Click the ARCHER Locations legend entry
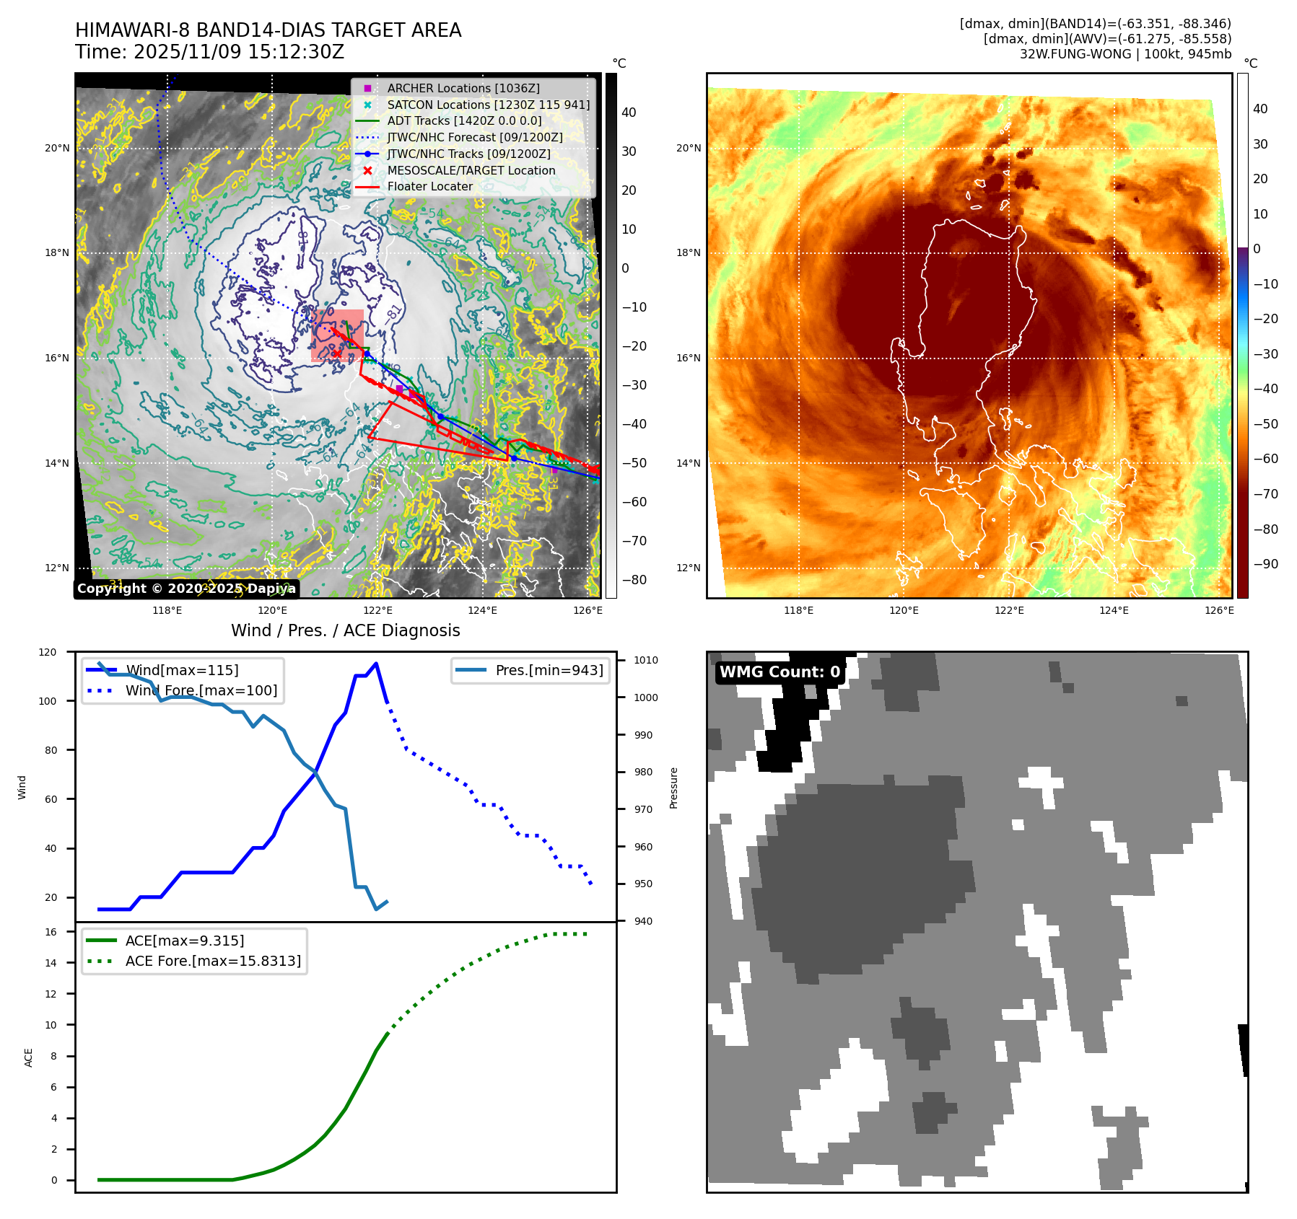click(463, 88)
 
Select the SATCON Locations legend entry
click(488, 105)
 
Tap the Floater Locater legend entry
click(429, 186)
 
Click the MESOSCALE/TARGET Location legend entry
click(471, 170)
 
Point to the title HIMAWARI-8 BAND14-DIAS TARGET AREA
click(268, 30)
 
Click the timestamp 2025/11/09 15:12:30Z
click(238, 52)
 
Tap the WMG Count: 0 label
click(779, 672)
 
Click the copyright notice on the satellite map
click(186, 589)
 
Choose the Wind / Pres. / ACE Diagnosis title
click(345, 630)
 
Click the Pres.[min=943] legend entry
click(549, 670)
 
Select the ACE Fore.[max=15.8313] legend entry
click(213, 961)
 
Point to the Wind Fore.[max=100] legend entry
click(201, 690)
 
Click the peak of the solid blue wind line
click(376, 664)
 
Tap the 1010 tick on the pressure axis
click(646, 660)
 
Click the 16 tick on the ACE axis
click(51, 932)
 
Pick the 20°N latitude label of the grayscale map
click(57, 149)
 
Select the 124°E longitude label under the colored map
click(1114, 610)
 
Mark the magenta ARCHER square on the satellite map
click(399, 388)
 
